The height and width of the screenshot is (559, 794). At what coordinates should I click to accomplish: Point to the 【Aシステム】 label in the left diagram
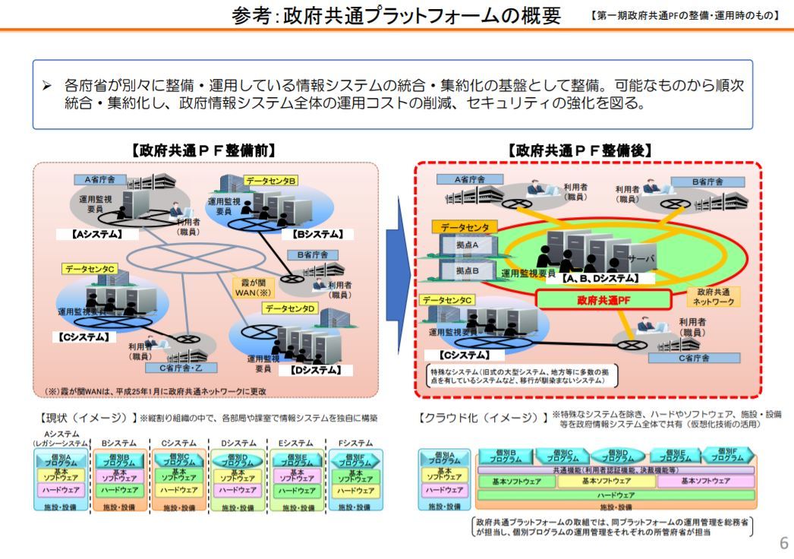96,234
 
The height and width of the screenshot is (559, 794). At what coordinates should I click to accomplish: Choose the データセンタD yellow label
290,308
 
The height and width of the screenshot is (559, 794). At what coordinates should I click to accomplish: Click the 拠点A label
467,246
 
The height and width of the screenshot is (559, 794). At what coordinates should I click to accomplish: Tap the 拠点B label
467,271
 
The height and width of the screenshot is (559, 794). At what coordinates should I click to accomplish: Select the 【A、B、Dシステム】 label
600,279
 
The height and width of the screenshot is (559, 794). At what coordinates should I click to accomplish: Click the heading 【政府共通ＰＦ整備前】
203,150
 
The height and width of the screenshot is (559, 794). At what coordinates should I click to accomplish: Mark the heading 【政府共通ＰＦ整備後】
581,150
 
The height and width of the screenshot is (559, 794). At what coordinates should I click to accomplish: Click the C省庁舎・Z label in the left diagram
178,368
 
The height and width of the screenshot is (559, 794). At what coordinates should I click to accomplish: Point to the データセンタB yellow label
271,180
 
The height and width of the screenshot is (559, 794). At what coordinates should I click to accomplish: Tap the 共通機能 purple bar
616,470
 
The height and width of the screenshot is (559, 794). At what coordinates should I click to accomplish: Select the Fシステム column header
355,443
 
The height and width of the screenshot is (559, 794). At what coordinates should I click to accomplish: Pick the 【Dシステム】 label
314,370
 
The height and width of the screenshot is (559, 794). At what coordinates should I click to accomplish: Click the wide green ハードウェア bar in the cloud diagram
616,494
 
